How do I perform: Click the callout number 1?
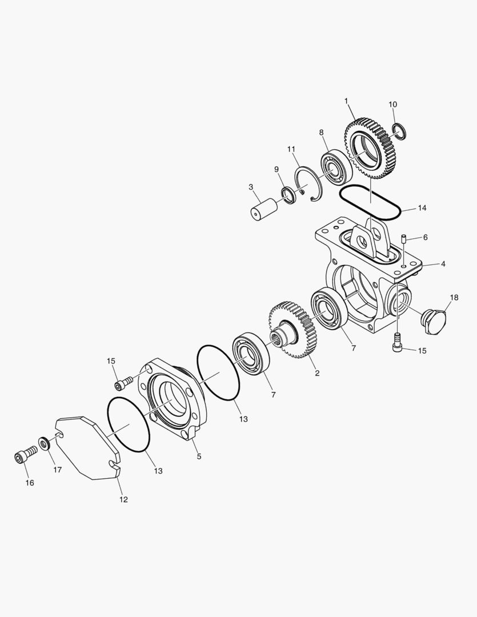click(x=346, y=101)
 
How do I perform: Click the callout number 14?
click(x=422, y=208)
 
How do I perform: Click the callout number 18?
click(x=454, y=298)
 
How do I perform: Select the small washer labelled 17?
click(x=43, y=443)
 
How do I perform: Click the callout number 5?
click(x=199, y=456)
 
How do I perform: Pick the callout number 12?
click(x=123, y=499)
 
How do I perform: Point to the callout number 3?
click(x=250, y=187)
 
